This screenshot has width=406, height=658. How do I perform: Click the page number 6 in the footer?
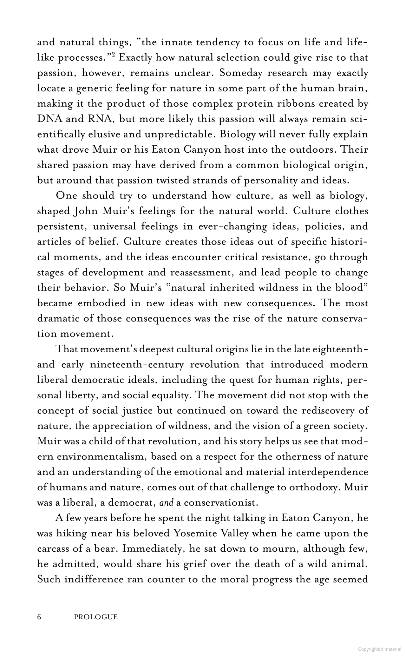pyautogui.click(x=39, y=617)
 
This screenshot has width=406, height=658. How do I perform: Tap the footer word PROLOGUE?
pyautogui.click(x=95, y=617)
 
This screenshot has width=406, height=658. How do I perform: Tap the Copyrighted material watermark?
pyautogui.click(x=379, y=649)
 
